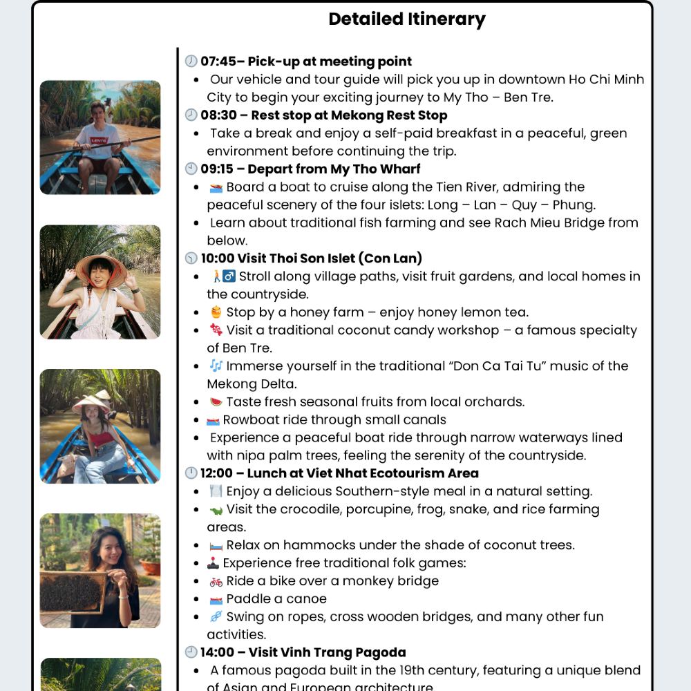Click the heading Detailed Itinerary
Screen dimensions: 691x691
click(x=407, y=19)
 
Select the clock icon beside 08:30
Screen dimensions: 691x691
click(x=191, y=115)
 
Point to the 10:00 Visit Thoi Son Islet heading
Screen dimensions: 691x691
click(x=311, y=258)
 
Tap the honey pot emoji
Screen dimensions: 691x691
click(x=216, y=312)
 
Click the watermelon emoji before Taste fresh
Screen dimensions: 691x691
click(x=216, y=402)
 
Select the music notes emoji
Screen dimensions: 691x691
click(x=216, y=366)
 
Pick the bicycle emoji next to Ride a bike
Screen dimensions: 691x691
click(x=216, y=582)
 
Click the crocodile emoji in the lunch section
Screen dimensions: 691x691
click(x=216, y=510)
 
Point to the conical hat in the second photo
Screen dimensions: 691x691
click(x=101, y=266)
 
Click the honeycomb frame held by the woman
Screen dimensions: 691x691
click(x=73, y=591)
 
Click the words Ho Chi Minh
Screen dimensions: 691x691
click(x=598, y=79)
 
